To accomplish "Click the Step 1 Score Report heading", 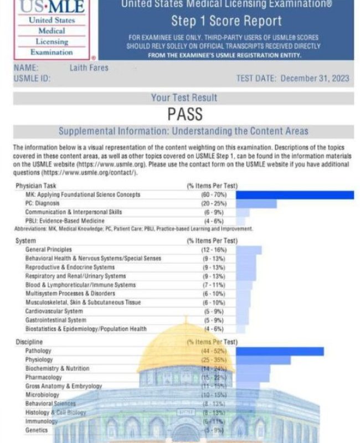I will click(226, 22).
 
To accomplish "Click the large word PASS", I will click(184, 115).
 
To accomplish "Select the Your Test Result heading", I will click(184, 97).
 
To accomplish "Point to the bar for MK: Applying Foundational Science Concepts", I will click(295, 194).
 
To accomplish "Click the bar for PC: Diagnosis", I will click(256, 203).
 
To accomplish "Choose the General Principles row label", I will click(49, 250).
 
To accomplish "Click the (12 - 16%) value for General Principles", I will click(213, 250).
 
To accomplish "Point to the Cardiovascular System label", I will click(55, 311).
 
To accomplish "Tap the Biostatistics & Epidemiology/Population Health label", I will click(86, 329).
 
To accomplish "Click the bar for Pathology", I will click(280, 351).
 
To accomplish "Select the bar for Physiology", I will click(263, 360).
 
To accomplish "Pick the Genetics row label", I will click(37, 430).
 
